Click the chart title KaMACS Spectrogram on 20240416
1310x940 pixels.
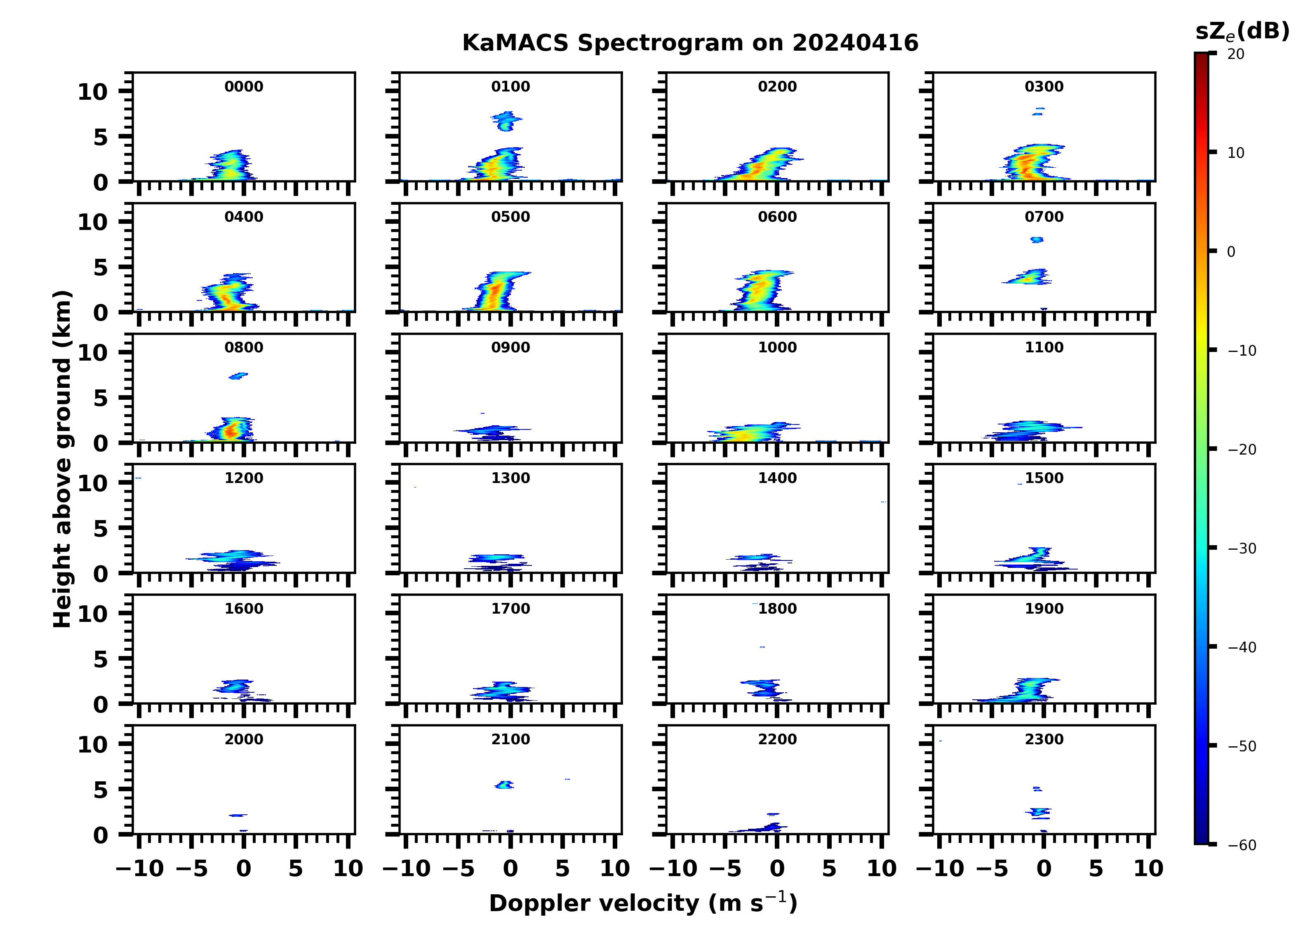pos(690,43)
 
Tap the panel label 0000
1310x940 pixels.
pos(244,87)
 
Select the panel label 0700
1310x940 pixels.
pos(1044,217)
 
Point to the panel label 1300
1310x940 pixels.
pos(510,478)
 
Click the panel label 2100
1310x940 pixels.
pos(510,739)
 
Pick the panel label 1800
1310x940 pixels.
pos(777,609)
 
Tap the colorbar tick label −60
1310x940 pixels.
pos(1241,845)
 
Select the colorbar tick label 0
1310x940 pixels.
pos(1231,252)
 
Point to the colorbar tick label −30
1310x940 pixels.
pos(1241,549)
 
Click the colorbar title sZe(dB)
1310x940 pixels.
pos(1242,31)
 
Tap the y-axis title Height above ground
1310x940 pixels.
pos(62,459)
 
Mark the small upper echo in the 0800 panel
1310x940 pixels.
pos(238,376)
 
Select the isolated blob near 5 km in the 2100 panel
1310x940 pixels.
pos(504,785)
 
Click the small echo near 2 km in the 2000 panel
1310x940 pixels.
pos(238,815)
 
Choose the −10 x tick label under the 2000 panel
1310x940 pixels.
pos(140,868)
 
